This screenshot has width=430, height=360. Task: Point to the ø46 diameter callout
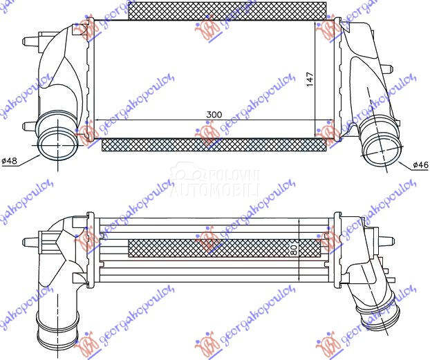click(420, 165)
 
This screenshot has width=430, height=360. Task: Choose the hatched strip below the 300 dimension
click(214, 144)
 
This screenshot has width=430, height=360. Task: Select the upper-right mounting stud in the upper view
click(387, 68)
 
